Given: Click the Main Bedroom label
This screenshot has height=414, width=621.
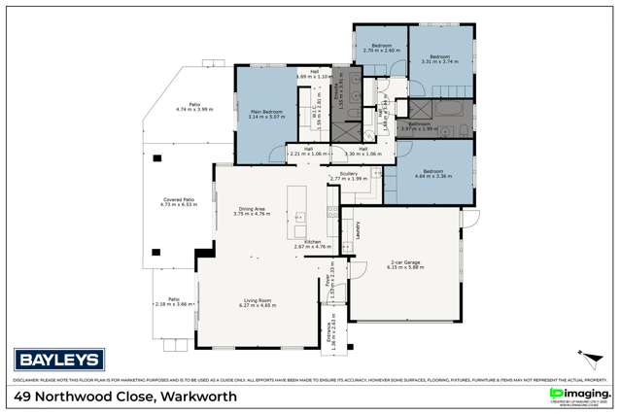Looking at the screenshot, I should pos(266,113).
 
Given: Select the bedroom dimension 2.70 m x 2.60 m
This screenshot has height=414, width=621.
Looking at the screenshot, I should pos(380,50).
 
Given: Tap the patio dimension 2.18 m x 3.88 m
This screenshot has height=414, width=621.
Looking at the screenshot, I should pos(173,303).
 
